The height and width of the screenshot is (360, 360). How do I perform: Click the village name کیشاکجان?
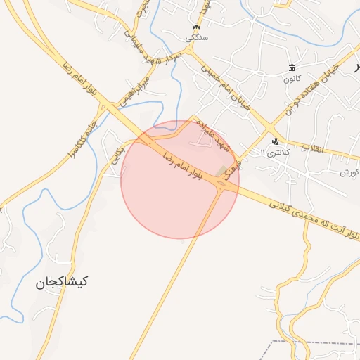pos(63,282)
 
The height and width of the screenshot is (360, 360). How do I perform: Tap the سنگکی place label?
pos(195,38)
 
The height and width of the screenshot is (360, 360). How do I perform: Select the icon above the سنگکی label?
pos(195,27)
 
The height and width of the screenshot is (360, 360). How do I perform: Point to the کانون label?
pos(292,77)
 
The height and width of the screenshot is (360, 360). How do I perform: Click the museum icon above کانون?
pos(292,67)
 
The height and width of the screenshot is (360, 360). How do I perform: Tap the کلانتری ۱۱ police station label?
pos(274,152)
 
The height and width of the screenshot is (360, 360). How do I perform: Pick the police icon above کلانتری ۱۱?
pos(274,141)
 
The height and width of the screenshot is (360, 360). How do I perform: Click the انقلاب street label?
pos(311,148)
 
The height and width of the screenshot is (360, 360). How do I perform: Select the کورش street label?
pos(349,172)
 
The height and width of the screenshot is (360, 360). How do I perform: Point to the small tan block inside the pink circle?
pos(222,171)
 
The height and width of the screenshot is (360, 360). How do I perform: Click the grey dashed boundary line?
pos(309,342)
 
